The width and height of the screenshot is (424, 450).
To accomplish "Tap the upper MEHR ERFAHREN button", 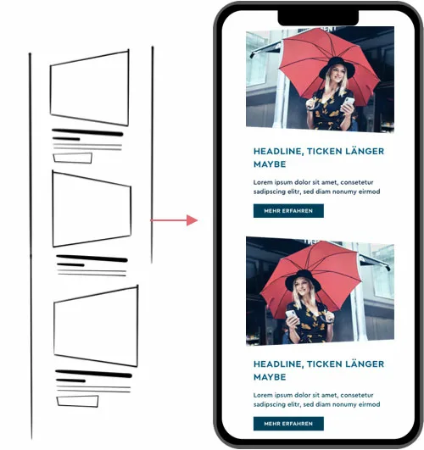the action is [288, 211].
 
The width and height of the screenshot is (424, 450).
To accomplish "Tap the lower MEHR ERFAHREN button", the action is [288, 424].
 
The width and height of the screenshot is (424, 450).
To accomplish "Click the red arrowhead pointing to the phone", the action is [192, 220].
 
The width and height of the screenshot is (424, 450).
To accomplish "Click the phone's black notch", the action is [318, 18].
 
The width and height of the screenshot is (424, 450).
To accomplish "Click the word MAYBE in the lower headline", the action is [270, 377].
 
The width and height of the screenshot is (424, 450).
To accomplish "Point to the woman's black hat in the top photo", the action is [337, 68].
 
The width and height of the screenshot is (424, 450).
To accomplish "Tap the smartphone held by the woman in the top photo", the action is [348, 103].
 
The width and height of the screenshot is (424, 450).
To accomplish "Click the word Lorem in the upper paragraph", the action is [263, 182].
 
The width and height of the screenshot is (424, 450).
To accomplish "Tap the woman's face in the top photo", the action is [338, 74].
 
